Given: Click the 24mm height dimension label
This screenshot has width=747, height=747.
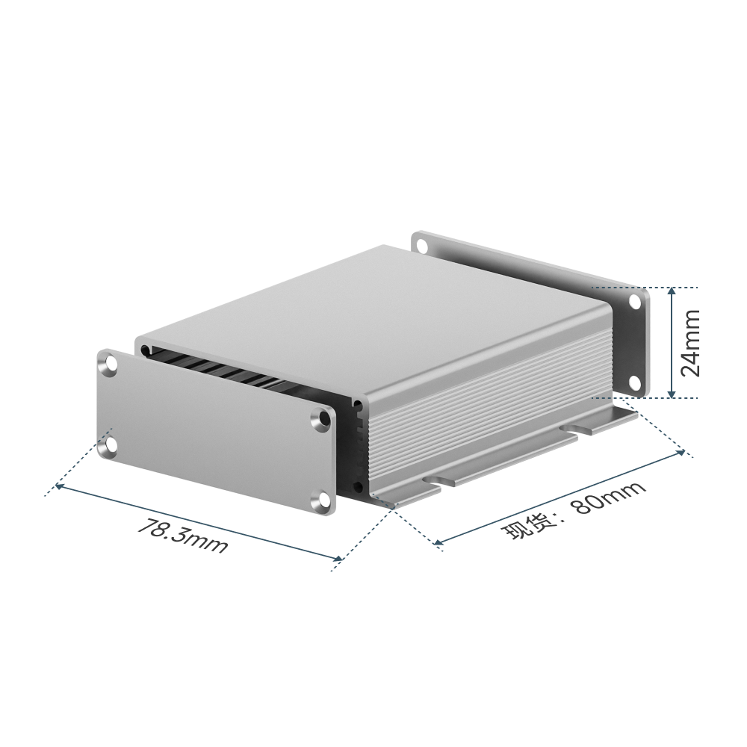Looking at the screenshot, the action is coord(690,343).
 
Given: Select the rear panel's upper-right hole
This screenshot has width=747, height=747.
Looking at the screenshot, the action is coord(635,302).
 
